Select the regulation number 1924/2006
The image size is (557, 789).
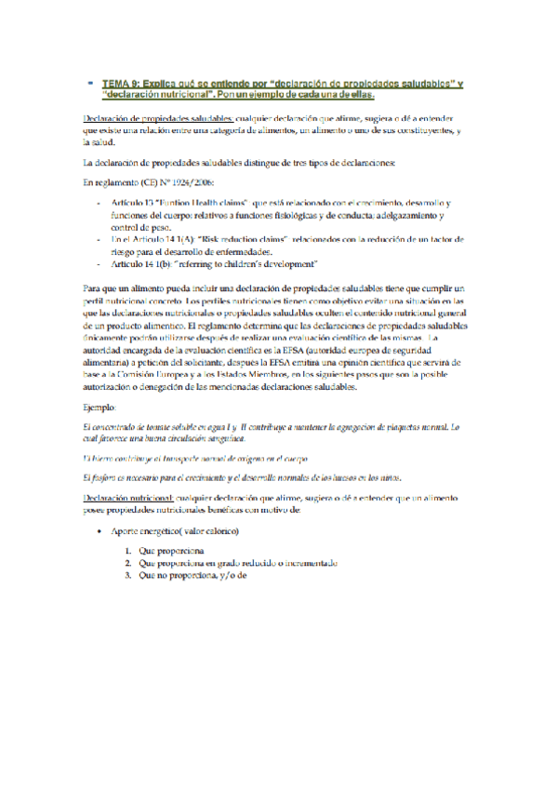coord(169,182)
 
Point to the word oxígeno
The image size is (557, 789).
coord(245,459)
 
